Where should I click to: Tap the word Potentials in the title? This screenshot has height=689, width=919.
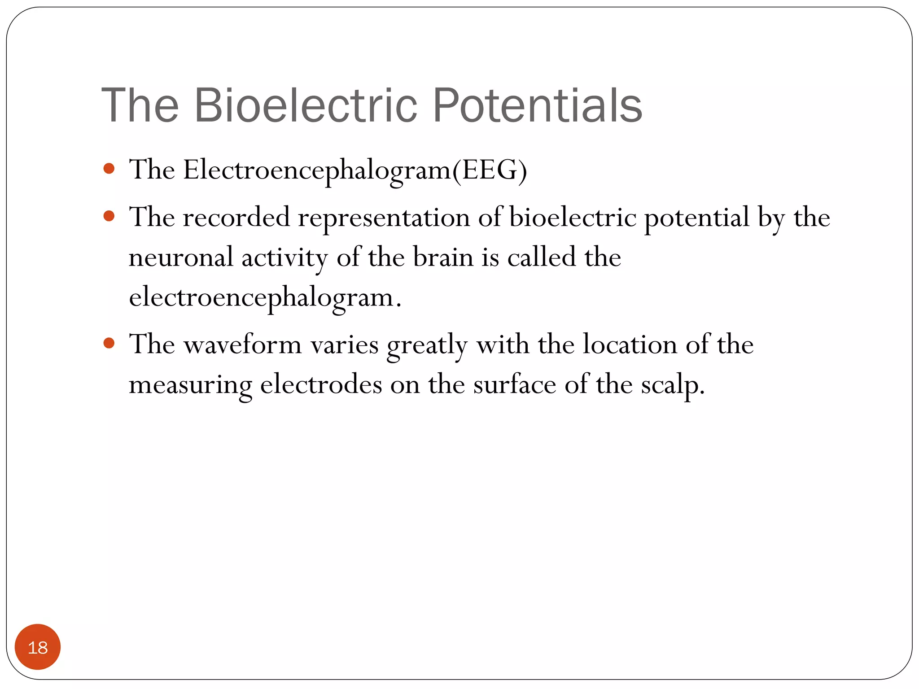tap(537, 105)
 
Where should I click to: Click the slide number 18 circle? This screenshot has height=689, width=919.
tap(38, 647)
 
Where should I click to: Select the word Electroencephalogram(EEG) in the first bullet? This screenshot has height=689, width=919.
tap(354, 171)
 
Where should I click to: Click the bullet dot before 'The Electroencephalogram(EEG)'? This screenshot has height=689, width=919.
tap(109, 169)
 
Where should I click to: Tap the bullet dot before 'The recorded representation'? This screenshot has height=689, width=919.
tap(109, 217)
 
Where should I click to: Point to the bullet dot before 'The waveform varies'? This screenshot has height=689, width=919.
tap(109, 344)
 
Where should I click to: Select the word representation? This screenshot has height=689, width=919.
tap(384, 218)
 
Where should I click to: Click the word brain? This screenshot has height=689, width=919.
tap(443, 257)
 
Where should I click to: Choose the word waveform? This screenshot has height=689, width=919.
tap(242, 345)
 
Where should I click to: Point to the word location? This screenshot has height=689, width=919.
tap(630, 345)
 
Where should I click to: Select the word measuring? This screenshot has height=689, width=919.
tap(190, 385)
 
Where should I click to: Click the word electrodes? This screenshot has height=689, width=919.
tap(321, 385)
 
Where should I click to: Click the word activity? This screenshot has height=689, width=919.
tap(284, 258)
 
